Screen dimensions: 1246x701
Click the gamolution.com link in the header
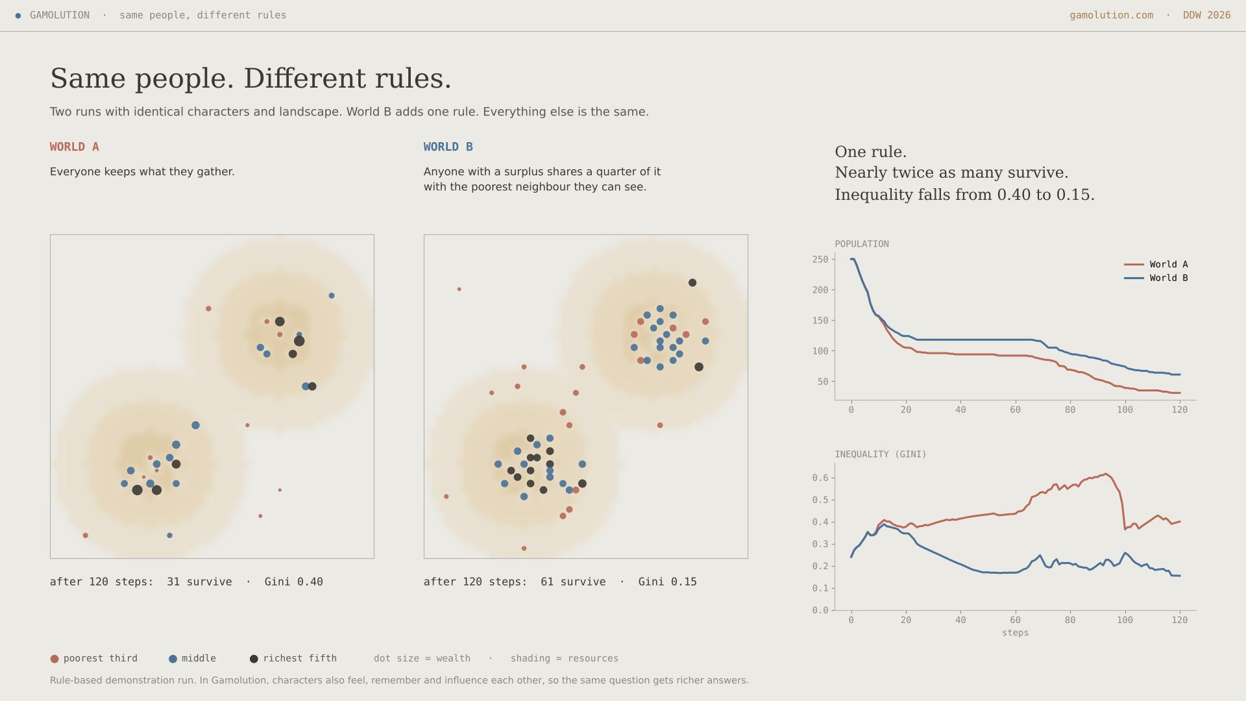tap(1111, 15)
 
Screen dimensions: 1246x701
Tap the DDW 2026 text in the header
tap(1206, 15)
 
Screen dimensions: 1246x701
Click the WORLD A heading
tap(75, 147)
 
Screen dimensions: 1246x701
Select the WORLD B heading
tap(448, 147)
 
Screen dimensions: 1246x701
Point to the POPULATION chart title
tap(862, 244)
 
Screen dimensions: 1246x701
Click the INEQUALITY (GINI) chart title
tap(881, 454)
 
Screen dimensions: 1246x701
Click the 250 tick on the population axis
tap(820, 260)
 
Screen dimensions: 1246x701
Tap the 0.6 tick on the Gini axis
tap(820, 478)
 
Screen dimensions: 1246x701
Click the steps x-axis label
tap(1015, 633)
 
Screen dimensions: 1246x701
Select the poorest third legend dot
tap(55, 659)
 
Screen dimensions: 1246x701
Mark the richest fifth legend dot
tap(254, 659)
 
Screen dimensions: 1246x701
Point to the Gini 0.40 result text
tap(293, 582)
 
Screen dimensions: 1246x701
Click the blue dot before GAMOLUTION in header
tap(18, 16)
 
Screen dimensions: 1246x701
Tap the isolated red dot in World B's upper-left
tap(459, 289)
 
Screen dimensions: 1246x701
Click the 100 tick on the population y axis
tap(820, 351)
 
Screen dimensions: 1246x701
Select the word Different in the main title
tap(305, 79)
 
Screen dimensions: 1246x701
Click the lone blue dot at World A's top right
tap(332, 296)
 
